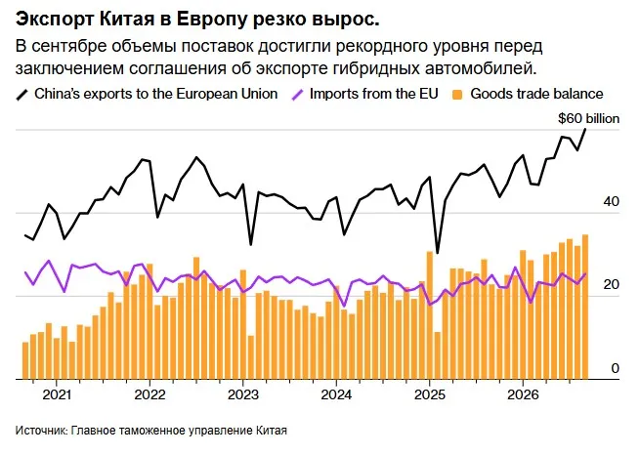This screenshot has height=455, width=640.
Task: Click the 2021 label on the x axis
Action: (57, 394)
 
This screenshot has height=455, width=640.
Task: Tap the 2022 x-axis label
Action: (150, 394)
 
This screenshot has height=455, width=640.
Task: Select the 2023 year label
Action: (243, 394)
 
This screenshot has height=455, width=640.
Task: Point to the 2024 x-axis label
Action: (336, 394)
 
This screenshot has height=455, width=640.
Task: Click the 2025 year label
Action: (429, 394)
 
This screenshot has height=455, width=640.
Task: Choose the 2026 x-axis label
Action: (523, 394)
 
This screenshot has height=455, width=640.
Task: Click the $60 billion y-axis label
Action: (588, 119)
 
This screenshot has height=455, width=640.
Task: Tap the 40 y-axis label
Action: (611, 201)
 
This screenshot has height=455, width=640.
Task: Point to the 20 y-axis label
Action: (611, 284)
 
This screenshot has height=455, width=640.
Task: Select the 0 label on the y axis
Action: (616, 368)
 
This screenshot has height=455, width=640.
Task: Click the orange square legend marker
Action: (457, 95)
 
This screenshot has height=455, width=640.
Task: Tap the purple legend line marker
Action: (297, 95)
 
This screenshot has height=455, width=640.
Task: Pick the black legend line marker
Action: (22, 95)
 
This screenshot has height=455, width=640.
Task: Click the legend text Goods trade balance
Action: (536, 94)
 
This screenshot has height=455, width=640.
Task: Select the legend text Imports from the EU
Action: (374, 94)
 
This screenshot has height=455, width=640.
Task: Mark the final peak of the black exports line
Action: (585, 129)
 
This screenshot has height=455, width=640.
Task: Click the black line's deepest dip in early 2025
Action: (438, 253)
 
